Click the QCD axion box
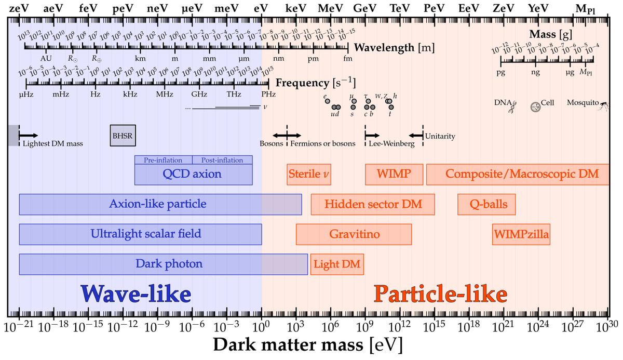pos(193,175)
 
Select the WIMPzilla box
pos(521,234)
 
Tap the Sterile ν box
pos(309,174)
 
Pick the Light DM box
pos(337,264)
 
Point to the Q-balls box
pos(486,204)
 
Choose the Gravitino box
pos(354,234)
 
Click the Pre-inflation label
pos(164,160)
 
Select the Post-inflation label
pos(222,160)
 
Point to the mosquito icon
pos(604,106)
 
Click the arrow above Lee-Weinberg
pos(372,135)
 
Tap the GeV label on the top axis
pos(365,9)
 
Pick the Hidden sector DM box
pos(373,204)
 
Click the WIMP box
pos(394,174)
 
